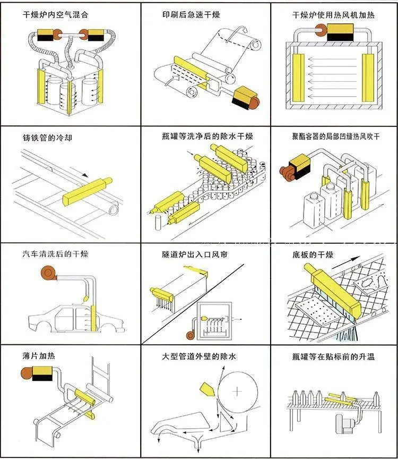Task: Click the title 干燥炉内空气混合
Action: [55, 15]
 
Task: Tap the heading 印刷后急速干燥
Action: [191, 15]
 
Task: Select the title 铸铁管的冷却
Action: [47, 138]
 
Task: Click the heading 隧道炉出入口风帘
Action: [194, 254]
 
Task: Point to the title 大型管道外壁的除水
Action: [199, 356]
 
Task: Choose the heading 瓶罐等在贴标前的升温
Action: [333, 356]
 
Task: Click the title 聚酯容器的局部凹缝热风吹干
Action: [336, 136]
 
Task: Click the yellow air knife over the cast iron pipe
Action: [87, 191]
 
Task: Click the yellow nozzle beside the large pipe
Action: [208, 389]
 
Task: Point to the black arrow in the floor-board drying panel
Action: [345, 262]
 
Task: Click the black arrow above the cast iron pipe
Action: [84, 175]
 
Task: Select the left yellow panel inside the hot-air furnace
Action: [298, 78]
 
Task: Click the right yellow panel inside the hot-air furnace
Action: [368, 78]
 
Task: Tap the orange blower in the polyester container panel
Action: [287, 173]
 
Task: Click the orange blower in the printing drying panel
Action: [254, 103]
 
